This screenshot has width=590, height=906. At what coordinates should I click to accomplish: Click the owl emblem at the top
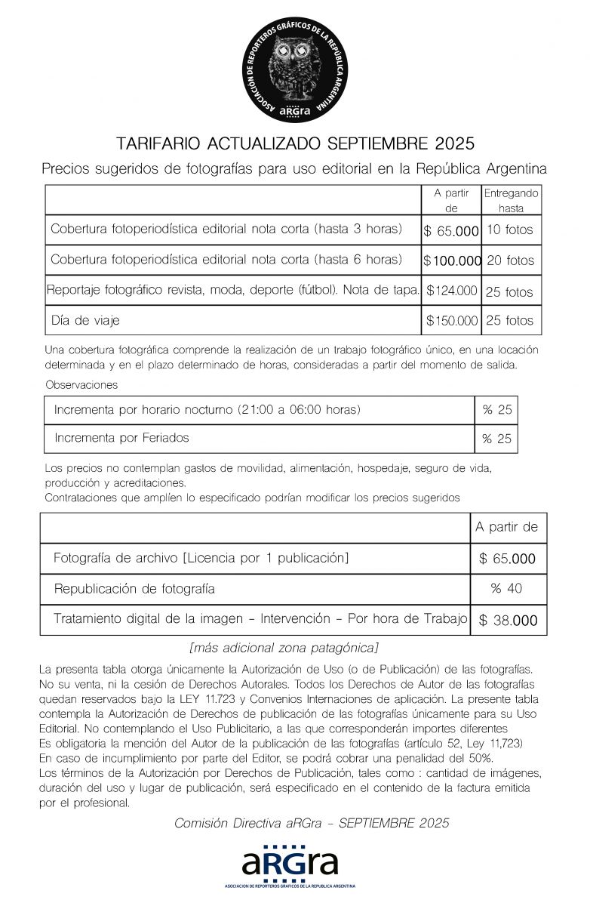(x=295, y=69)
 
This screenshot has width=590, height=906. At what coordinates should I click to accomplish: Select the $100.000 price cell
(x=452, y=261)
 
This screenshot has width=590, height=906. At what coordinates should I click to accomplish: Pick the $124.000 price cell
(x=452, y=290)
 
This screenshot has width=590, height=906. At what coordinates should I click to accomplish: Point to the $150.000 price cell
(x=452, y=321)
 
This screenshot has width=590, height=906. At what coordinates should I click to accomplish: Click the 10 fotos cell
(x=510, y=230)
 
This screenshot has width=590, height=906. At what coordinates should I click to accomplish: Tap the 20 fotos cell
(x=510, y=261)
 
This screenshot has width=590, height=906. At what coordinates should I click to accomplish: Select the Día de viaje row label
(x=85, y=321)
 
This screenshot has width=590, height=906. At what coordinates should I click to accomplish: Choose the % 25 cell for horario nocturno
(x=496, y=410)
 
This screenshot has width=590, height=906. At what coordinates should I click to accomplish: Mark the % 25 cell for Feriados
(x=496, y=439)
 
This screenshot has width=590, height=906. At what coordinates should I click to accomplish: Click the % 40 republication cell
(x=507, y=588)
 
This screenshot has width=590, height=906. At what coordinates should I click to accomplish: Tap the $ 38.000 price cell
(x=508, y=621)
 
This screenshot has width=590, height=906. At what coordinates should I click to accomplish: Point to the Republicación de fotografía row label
(x=134, y=588)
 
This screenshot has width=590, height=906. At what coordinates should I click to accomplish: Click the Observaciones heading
(x=81, y=385)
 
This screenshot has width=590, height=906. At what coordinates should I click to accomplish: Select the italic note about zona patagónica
(x=284, y=648)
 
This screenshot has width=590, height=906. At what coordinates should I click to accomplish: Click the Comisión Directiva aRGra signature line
(x=312, y=823)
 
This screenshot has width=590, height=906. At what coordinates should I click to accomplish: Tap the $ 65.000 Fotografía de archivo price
(x=507, y=559)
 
